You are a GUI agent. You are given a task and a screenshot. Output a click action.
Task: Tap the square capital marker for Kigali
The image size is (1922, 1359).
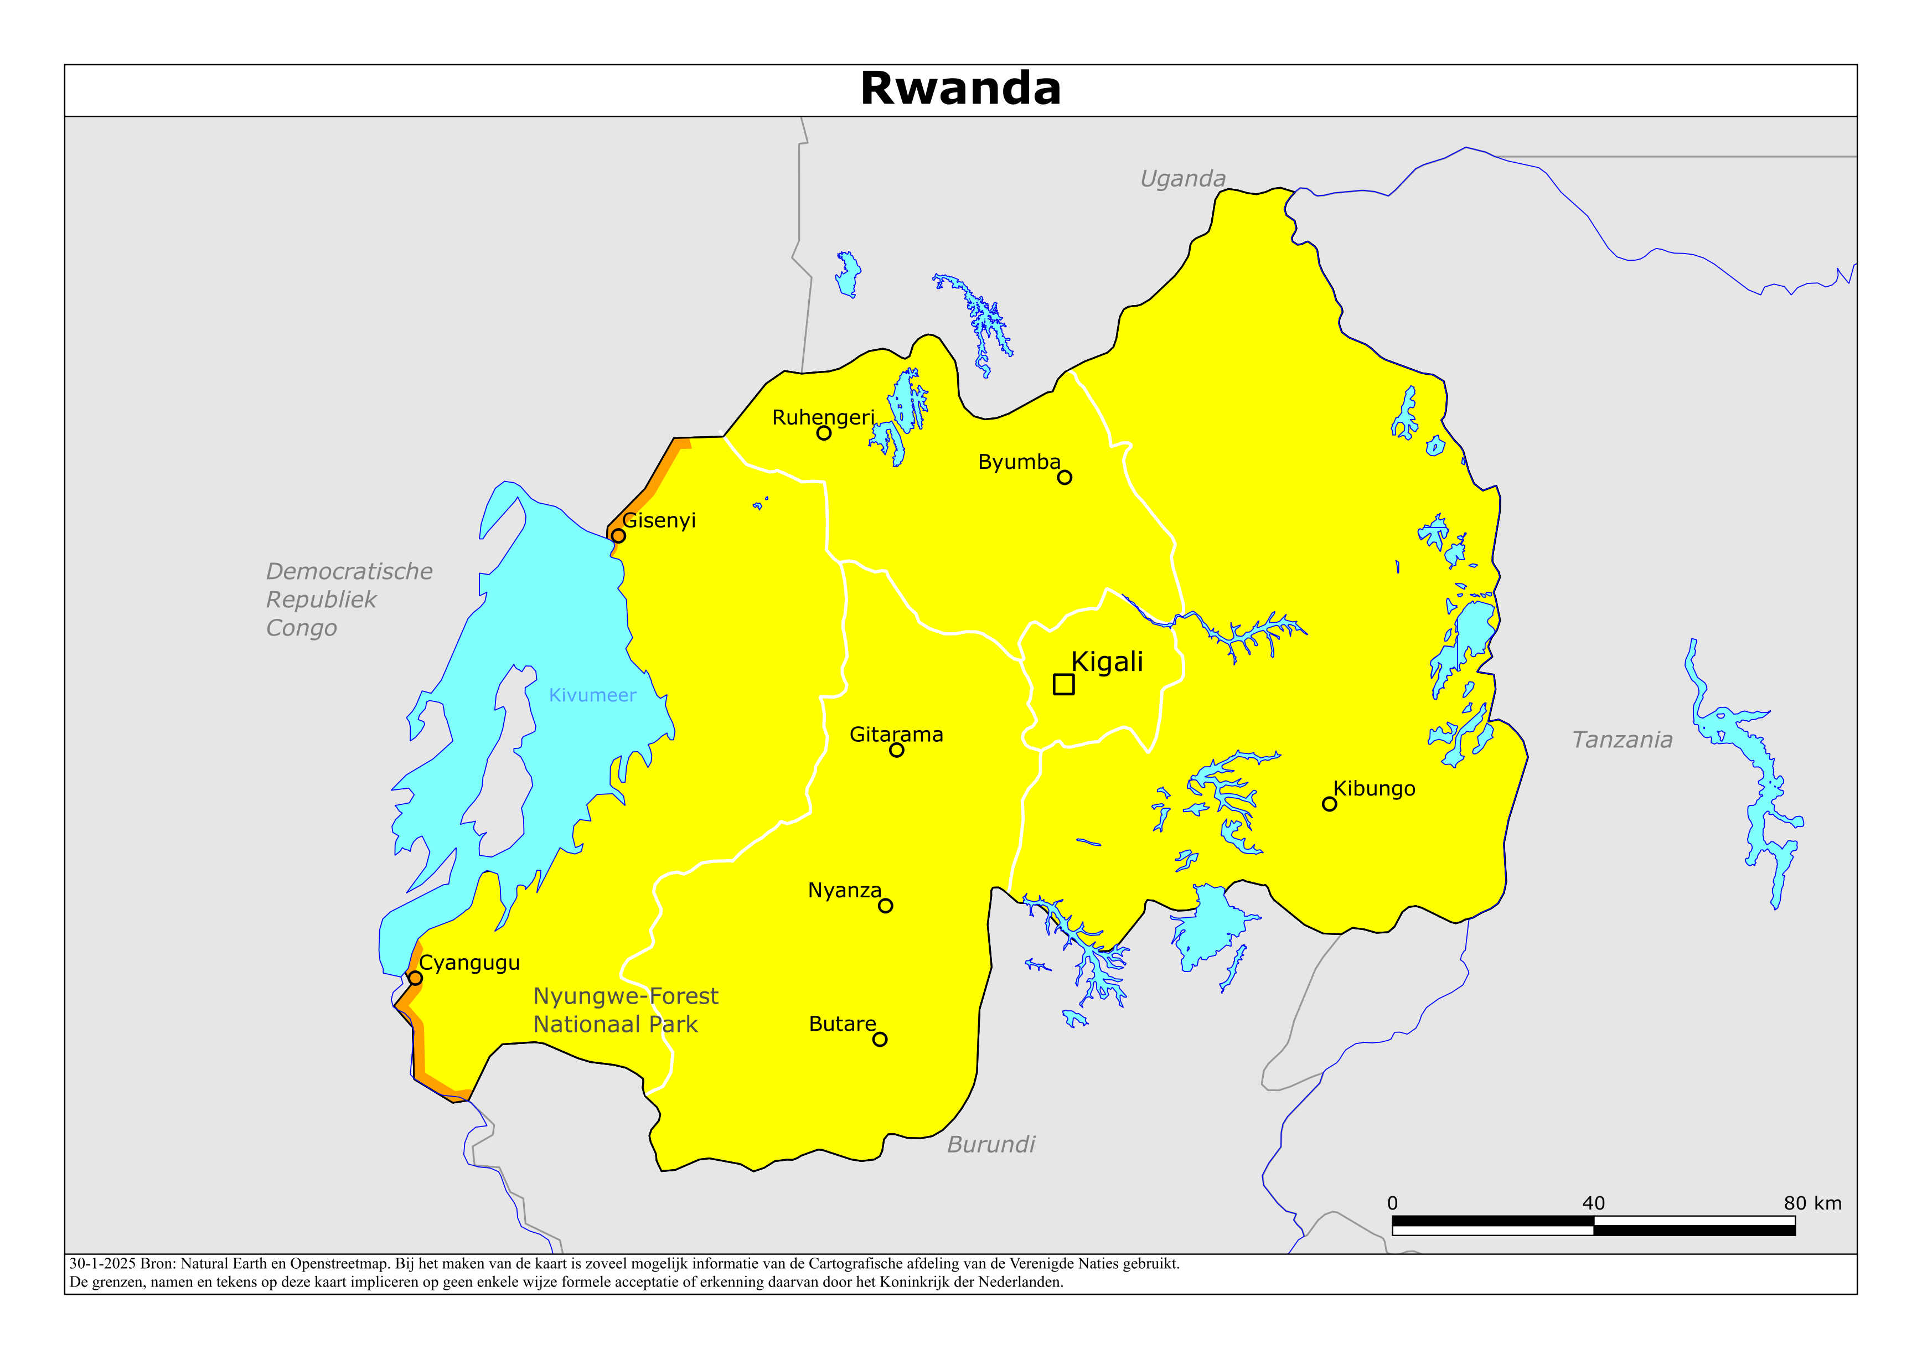1063,684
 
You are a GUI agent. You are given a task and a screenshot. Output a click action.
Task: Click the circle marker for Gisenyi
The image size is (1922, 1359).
618,536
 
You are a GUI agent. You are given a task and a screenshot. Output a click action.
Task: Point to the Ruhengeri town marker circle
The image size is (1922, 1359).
824,433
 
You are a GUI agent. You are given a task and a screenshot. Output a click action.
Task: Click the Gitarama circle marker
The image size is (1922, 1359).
897,750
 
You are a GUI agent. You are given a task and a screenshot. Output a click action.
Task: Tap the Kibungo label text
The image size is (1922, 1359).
1374,789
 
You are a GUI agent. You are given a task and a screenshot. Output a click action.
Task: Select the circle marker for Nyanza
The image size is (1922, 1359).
886,906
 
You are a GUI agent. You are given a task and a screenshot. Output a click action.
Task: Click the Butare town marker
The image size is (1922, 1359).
880,1039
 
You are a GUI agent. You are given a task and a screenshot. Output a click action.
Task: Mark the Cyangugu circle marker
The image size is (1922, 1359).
415,978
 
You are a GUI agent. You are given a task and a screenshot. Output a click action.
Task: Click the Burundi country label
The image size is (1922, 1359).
990,1145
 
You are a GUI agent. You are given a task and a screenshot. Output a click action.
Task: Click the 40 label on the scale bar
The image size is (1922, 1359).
1593,1203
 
